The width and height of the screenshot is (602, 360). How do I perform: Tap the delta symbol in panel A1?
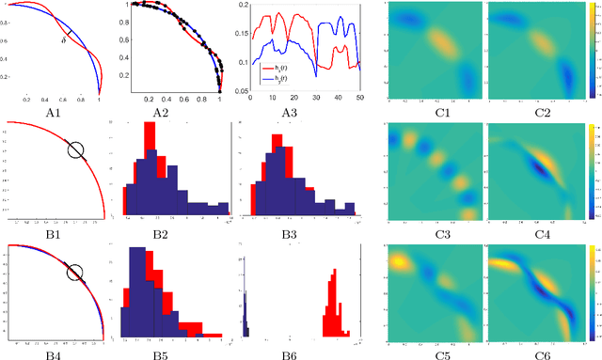coord(63,40)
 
